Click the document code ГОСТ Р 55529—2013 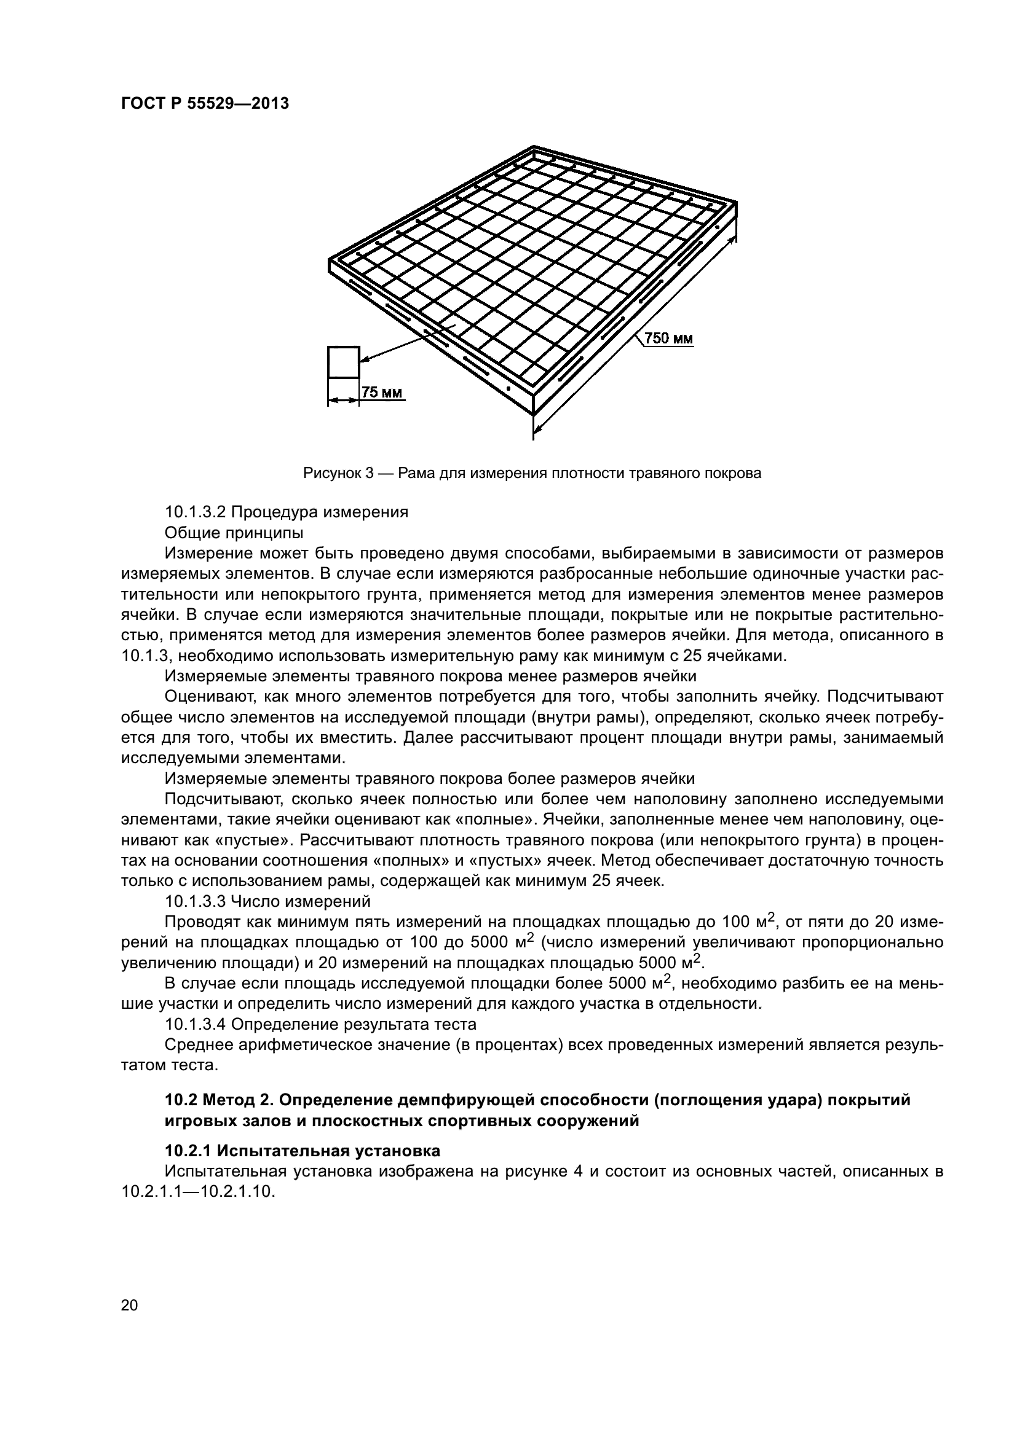(205, 104)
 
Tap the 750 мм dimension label (669, 339)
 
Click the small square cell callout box (343, 362)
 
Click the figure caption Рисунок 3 (339, 473)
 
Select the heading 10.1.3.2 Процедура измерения (286, 512)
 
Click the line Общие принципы (234, 533)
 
